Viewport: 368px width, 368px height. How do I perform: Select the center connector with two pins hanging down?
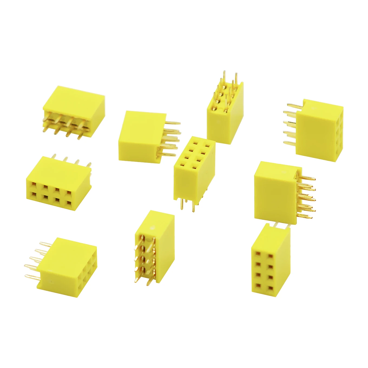click(194, 170)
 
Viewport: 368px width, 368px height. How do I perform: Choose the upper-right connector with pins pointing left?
click(319, 130)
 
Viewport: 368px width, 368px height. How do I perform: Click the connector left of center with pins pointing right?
click(142, 137)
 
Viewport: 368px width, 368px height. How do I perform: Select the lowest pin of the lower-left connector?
click(32, 277)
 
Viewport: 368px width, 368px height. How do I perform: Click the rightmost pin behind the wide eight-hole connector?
click(90, 165)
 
